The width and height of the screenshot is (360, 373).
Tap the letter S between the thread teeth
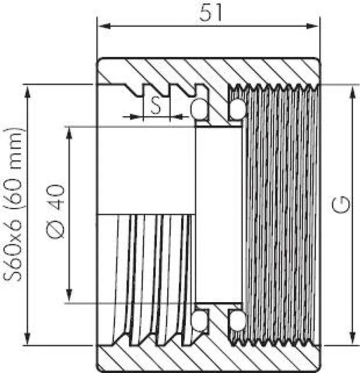coord(156,106)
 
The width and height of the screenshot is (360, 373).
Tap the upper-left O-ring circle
coord(200,109)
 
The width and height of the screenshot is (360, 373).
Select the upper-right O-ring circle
coord(237,109)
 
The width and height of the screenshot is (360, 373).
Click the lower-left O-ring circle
coord(200,321)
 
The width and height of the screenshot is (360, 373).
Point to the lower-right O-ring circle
coord(237,321)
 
